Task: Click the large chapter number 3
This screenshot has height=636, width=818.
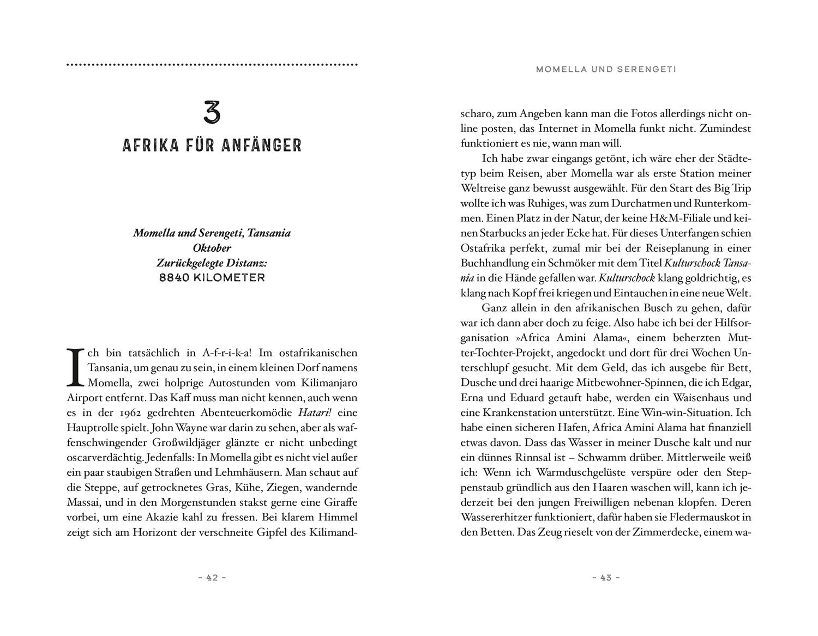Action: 212,112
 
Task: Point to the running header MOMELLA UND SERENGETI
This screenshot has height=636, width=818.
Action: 606,69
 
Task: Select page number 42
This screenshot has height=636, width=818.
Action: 212,578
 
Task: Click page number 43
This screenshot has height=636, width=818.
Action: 606,578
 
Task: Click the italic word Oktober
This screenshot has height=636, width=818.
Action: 212,248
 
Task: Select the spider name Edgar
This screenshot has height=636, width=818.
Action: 737,382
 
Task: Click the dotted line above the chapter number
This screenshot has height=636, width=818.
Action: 212,65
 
